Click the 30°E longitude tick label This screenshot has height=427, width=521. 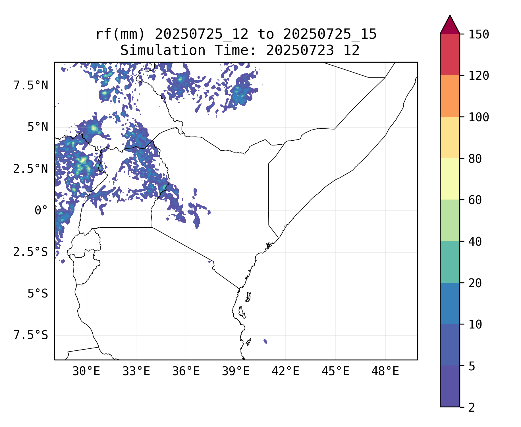86,371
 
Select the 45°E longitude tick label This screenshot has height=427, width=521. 335,371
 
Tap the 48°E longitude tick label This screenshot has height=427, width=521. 385,371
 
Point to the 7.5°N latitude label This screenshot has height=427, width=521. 31,86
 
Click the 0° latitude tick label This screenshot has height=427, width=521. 41,211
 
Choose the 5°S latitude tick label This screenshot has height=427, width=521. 38,294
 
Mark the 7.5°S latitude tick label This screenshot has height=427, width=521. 31,335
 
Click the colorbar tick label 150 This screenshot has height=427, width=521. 479,35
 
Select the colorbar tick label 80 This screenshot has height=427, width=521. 475,159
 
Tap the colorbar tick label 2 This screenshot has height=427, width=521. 472,408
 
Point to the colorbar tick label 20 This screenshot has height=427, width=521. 475,283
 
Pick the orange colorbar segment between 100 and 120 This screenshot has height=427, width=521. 450,96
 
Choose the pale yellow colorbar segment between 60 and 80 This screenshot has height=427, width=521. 450,179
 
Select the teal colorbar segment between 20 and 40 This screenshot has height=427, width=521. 450,262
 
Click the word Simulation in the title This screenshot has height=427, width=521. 163,51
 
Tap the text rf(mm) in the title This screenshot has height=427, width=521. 120,34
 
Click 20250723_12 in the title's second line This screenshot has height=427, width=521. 313,51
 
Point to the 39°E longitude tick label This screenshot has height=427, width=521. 236,371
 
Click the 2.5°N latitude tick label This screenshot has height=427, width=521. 31,169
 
